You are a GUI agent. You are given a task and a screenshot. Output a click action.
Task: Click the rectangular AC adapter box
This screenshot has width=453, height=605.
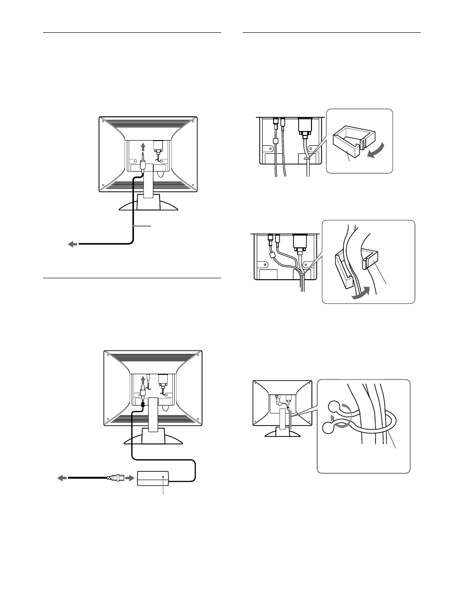tap(152, 478)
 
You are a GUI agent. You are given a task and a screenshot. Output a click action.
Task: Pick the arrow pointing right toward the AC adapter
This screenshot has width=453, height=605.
tap(130, 478)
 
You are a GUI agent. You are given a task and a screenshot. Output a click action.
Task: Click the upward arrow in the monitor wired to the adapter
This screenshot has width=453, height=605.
tap(143, 380)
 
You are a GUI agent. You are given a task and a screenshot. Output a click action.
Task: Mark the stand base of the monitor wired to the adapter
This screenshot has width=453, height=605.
tap(153, 437)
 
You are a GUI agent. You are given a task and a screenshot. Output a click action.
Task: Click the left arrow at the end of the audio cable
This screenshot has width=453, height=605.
tap(72, 244)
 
